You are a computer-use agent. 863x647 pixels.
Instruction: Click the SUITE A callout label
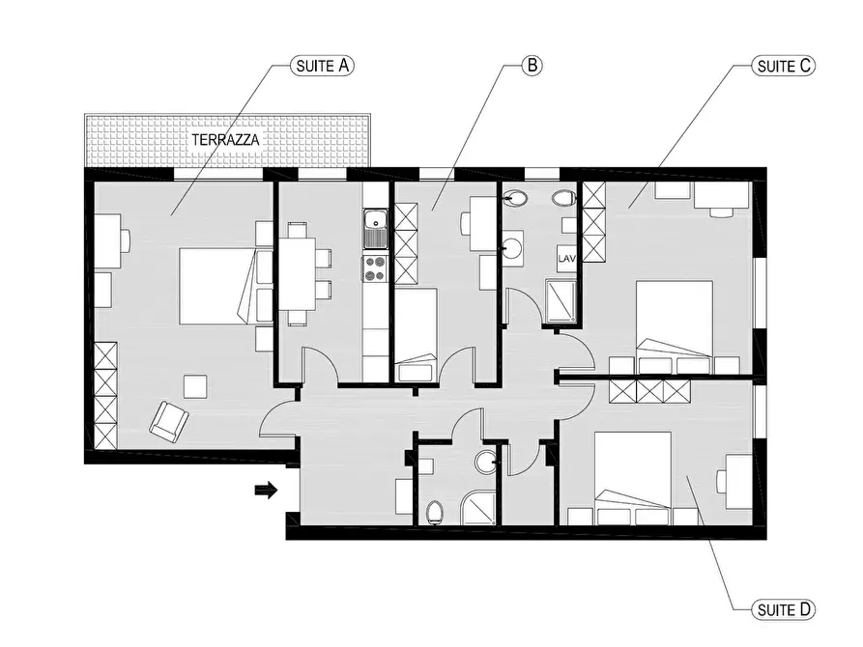pyautogui.click(x=322, y=66)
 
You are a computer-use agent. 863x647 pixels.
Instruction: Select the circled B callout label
pyautogui.click(x=532, y=66)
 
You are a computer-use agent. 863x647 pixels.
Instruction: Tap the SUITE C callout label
pyautogui.click(x=783, y=66)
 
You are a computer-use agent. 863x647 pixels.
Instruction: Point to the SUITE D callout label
pyautogui.click(x=783, y=610)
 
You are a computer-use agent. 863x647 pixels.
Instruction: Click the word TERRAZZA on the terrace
pyautogui.click(x=226, y=140)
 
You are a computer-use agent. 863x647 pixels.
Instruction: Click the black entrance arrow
pyautogui.click(x=266, y=491)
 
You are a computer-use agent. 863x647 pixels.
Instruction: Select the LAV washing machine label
pyautogui.click(x=567, y=258)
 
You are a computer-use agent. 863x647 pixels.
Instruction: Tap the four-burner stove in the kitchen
pyautogui.click(x=375, y=269)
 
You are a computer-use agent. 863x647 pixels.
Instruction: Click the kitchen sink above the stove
pyautogui.click(x=375, y=228)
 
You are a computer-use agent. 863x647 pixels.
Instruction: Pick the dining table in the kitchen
pyautogui.click(x=298, y=274)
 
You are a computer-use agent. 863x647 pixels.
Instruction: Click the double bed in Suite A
pyautogui.click(x=218, y=286)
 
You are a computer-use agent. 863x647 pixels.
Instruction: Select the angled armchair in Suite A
pyautogui.click(x=169, y=422)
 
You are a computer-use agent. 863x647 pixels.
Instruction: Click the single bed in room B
pyautogui.click(x=417, y=334)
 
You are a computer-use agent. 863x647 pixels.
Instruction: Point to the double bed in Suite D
pyautogui.click(x=633, y=470)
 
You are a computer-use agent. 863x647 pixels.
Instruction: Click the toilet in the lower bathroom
pyautogui.click(x=434, y=512)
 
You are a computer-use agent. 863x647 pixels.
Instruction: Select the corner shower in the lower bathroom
pyautogui.click(x=478, y=507)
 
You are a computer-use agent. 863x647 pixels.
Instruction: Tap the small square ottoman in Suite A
pyautogui.click(x=195, y=386)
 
